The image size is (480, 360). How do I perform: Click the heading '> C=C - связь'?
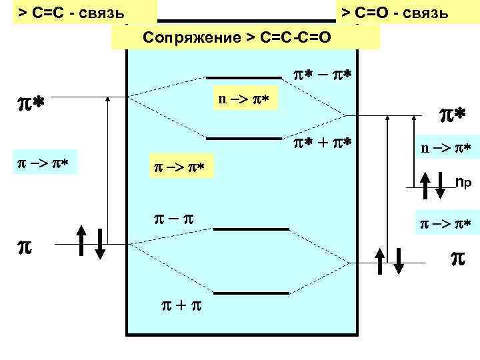pos(73,13)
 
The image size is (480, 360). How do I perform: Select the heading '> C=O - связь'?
pos(395,13)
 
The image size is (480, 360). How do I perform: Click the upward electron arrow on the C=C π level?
pos(80,242)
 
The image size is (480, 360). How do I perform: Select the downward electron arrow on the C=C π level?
pos(99,242)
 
